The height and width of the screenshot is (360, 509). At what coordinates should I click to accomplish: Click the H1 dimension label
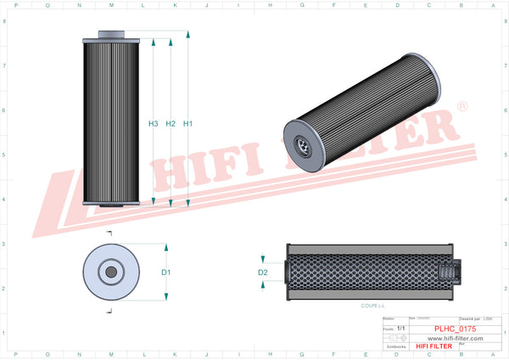(x=188, y=124)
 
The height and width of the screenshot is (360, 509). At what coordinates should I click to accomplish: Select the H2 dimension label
(x=171, y=124)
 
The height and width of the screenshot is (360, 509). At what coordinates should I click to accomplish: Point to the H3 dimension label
(x=154, y=124)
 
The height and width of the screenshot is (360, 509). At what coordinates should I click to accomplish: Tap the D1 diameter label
(x=166, y=272)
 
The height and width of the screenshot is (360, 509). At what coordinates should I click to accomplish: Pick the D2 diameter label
(x=263, y=273)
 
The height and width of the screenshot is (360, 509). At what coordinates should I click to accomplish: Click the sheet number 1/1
(x=400, y=327)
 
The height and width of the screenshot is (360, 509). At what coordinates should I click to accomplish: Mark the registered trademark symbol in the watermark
(x=461, y=107)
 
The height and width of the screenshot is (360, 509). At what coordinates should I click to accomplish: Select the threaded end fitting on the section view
(x=450, y=272)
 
